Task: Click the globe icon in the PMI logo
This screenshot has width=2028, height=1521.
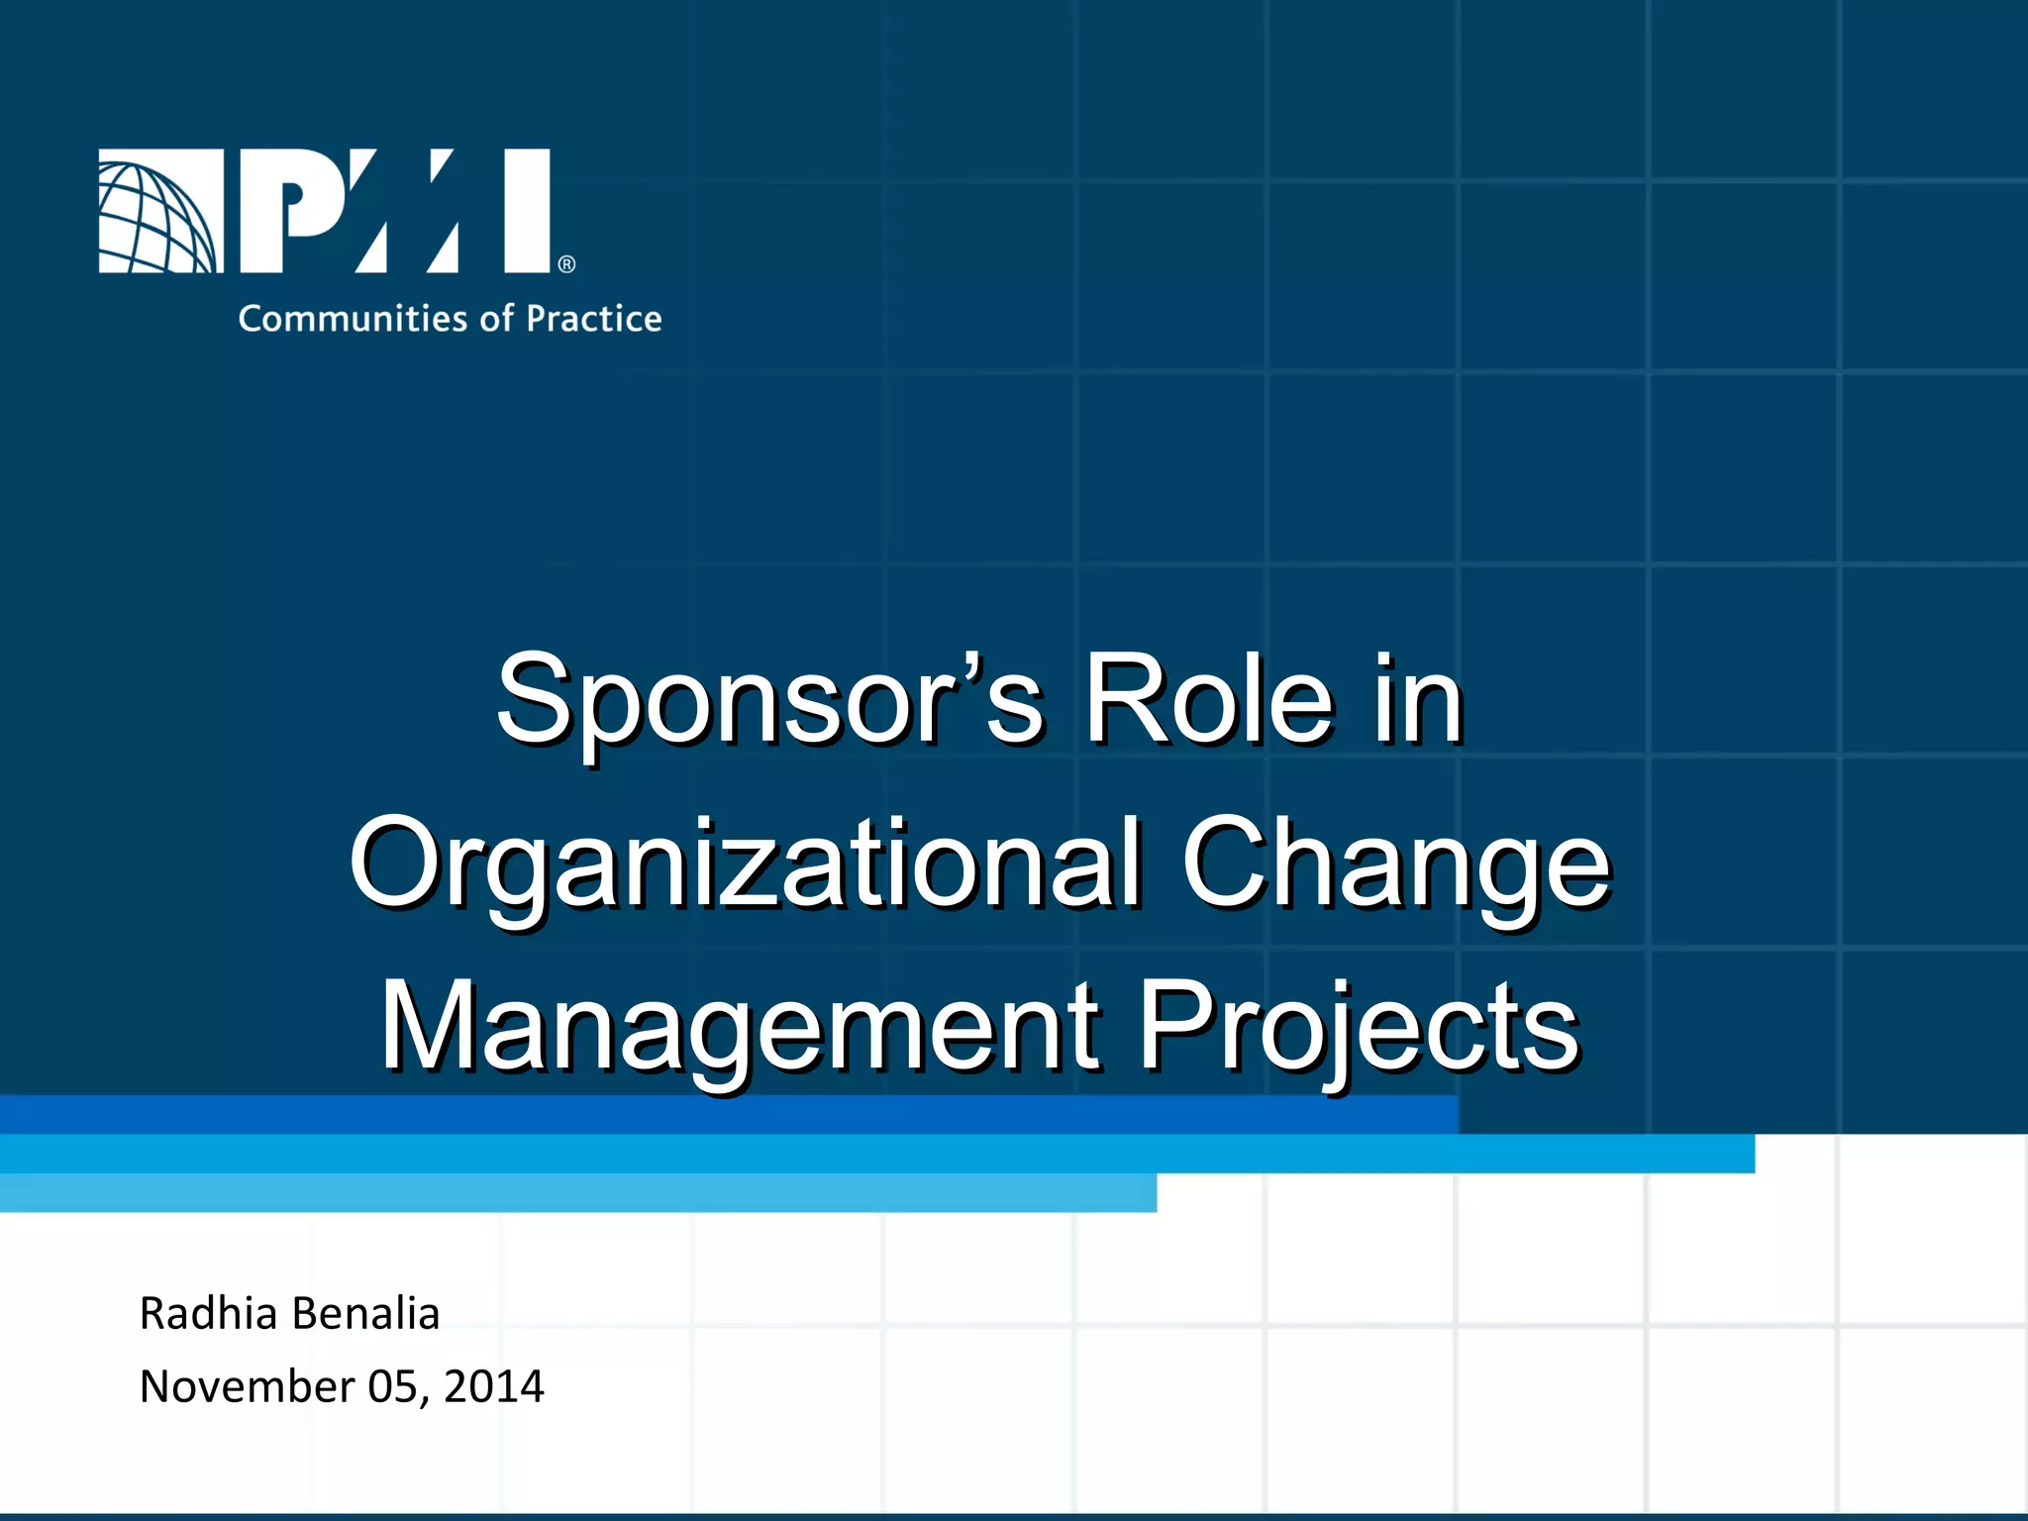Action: pos(158,212)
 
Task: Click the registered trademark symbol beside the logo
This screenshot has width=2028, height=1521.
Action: pos(566,264)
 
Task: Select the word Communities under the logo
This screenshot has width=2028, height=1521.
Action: pos(352,319)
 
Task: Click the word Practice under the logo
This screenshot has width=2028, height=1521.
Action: pos(593,319)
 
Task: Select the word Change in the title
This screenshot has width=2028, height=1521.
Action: pos(1396,863)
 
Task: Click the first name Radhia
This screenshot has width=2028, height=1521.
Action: pos(208,1314)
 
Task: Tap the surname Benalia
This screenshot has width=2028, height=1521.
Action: pos(365,1314)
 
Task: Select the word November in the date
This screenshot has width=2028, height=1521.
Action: pos(247,1386)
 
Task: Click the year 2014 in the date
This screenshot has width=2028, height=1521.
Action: pos(493,1386)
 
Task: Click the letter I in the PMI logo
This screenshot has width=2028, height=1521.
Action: pos(527,210)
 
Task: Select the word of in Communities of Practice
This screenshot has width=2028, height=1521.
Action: pos(496,319)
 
